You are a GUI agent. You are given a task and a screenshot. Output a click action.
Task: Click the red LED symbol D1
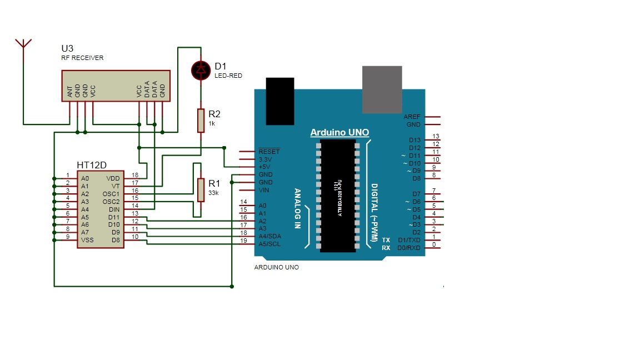coord(200,69)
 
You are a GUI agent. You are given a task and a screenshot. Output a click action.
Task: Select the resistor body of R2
coord(201,121)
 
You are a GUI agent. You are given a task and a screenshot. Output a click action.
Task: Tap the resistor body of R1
coord(200,189)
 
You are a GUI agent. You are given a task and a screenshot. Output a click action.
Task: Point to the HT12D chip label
coord(92,166)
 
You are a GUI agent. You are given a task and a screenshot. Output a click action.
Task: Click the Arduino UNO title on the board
coord(339,133)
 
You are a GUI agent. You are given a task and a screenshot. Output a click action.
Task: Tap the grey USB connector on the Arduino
coord(382,89)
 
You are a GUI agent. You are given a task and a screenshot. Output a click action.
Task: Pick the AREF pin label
coord(412,117)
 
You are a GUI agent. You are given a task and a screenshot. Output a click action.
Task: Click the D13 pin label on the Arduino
coord(414,140)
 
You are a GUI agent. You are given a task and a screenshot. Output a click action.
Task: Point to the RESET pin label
coord(269,151)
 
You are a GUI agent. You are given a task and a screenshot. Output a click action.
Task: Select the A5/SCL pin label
coord(269,244)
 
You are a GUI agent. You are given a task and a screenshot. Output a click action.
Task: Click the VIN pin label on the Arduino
coord(264,190)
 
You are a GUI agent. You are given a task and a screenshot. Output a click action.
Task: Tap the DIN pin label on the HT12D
coord(114,209)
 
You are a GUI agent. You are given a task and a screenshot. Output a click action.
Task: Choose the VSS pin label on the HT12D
coord(87,240)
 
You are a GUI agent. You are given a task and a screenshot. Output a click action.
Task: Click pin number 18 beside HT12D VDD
coord(134,175)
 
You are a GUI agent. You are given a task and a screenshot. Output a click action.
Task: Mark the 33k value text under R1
coord(213,193)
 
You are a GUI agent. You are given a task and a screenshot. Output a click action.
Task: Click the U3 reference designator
coord(67,49)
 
